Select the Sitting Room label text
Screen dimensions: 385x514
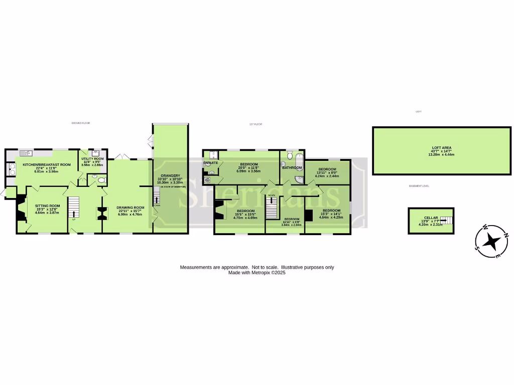[47, 206]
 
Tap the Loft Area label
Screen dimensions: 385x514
[442, 148]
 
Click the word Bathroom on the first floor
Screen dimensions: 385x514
[292, 167]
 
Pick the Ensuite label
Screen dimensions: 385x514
[211, 163]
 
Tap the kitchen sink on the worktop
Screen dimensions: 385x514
[26, 152]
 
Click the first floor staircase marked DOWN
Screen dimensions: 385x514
[272, 206]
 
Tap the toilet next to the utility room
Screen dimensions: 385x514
[101, 179]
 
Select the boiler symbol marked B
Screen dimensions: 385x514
[207, 178]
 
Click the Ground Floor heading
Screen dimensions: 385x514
[80, 123]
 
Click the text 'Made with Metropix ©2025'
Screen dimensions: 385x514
[256, 273]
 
